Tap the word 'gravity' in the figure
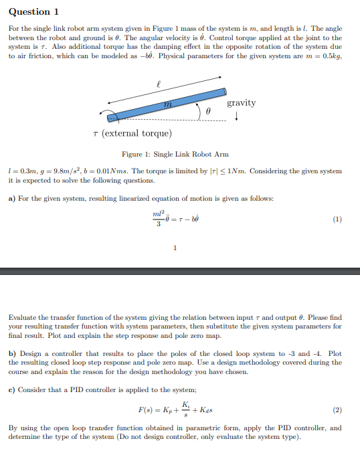[x=241, y=102]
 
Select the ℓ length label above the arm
[x=158, y=84]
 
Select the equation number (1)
[x=337, y=219]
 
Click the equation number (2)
[x=337, y=409]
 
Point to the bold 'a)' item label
[x=13, y=198]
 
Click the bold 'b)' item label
[x=13, y=353]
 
